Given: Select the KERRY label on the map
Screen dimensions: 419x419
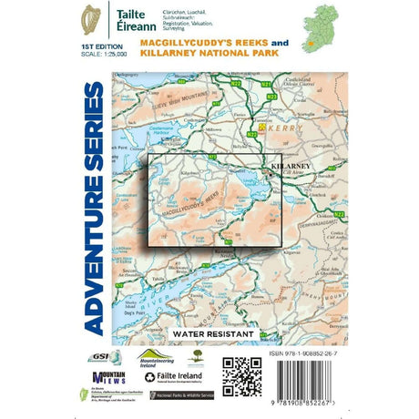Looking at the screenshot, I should [x=280, y=131].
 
